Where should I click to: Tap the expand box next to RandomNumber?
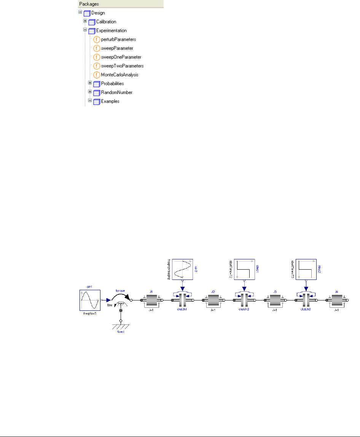(90, 92)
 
